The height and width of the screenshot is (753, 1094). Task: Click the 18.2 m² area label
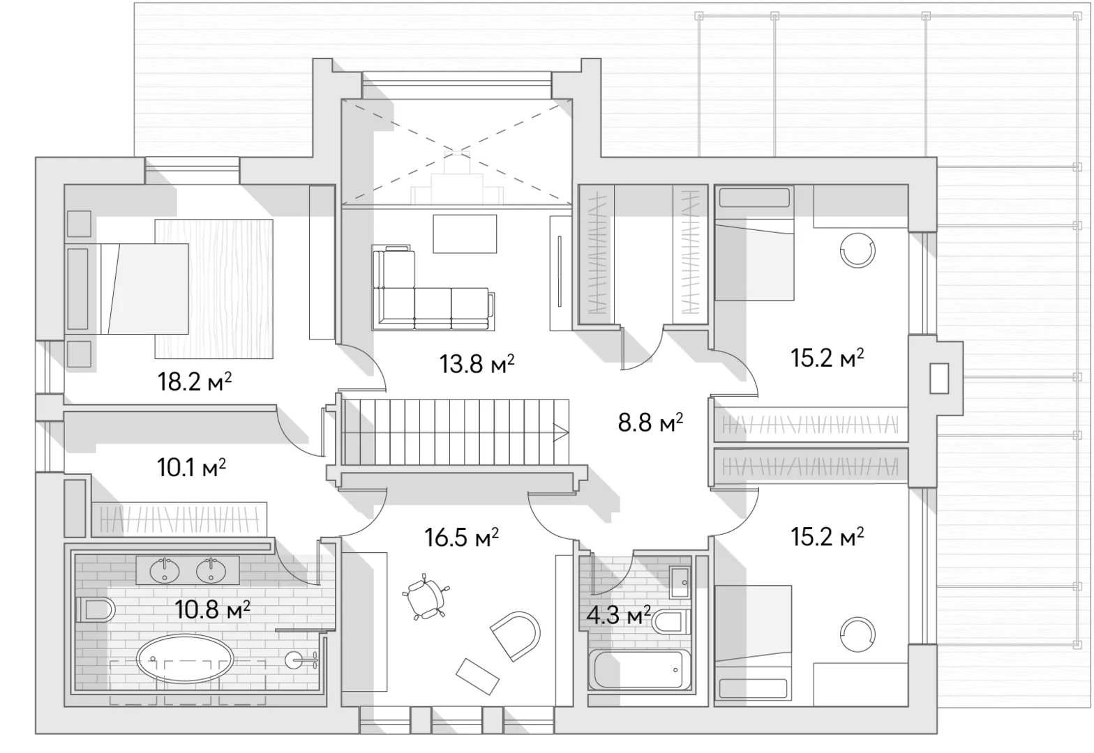(195, 381)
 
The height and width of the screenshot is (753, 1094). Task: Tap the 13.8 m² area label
(477, 363)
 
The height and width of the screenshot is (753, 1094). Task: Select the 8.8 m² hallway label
(650, 422)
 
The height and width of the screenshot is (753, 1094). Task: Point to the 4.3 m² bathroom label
(618, 616)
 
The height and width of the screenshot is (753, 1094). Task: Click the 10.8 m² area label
(212, 609)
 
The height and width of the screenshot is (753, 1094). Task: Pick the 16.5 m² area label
(462, 538)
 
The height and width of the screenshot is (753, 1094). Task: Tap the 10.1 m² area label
(191, 468)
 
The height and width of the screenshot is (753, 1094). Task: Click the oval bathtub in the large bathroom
(185, 658)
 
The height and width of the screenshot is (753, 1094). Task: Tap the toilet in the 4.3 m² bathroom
(670, 622)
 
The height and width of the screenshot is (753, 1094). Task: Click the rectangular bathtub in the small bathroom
(639, 669)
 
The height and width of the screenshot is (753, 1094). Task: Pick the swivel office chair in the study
(424, 598)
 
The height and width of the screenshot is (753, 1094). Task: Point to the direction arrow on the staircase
(561, 432)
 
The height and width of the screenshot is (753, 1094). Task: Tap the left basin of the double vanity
(165, 570)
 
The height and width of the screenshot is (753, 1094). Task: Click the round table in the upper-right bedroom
(857, 250)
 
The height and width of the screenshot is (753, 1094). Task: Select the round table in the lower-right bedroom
(857, 634)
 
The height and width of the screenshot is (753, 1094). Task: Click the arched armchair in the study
(516, 636)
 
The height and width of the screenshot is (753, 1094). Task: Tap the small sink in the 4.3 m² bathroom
(680, 583)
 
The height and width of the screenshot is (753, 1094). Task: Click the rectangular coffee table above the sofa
(465, 234)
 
